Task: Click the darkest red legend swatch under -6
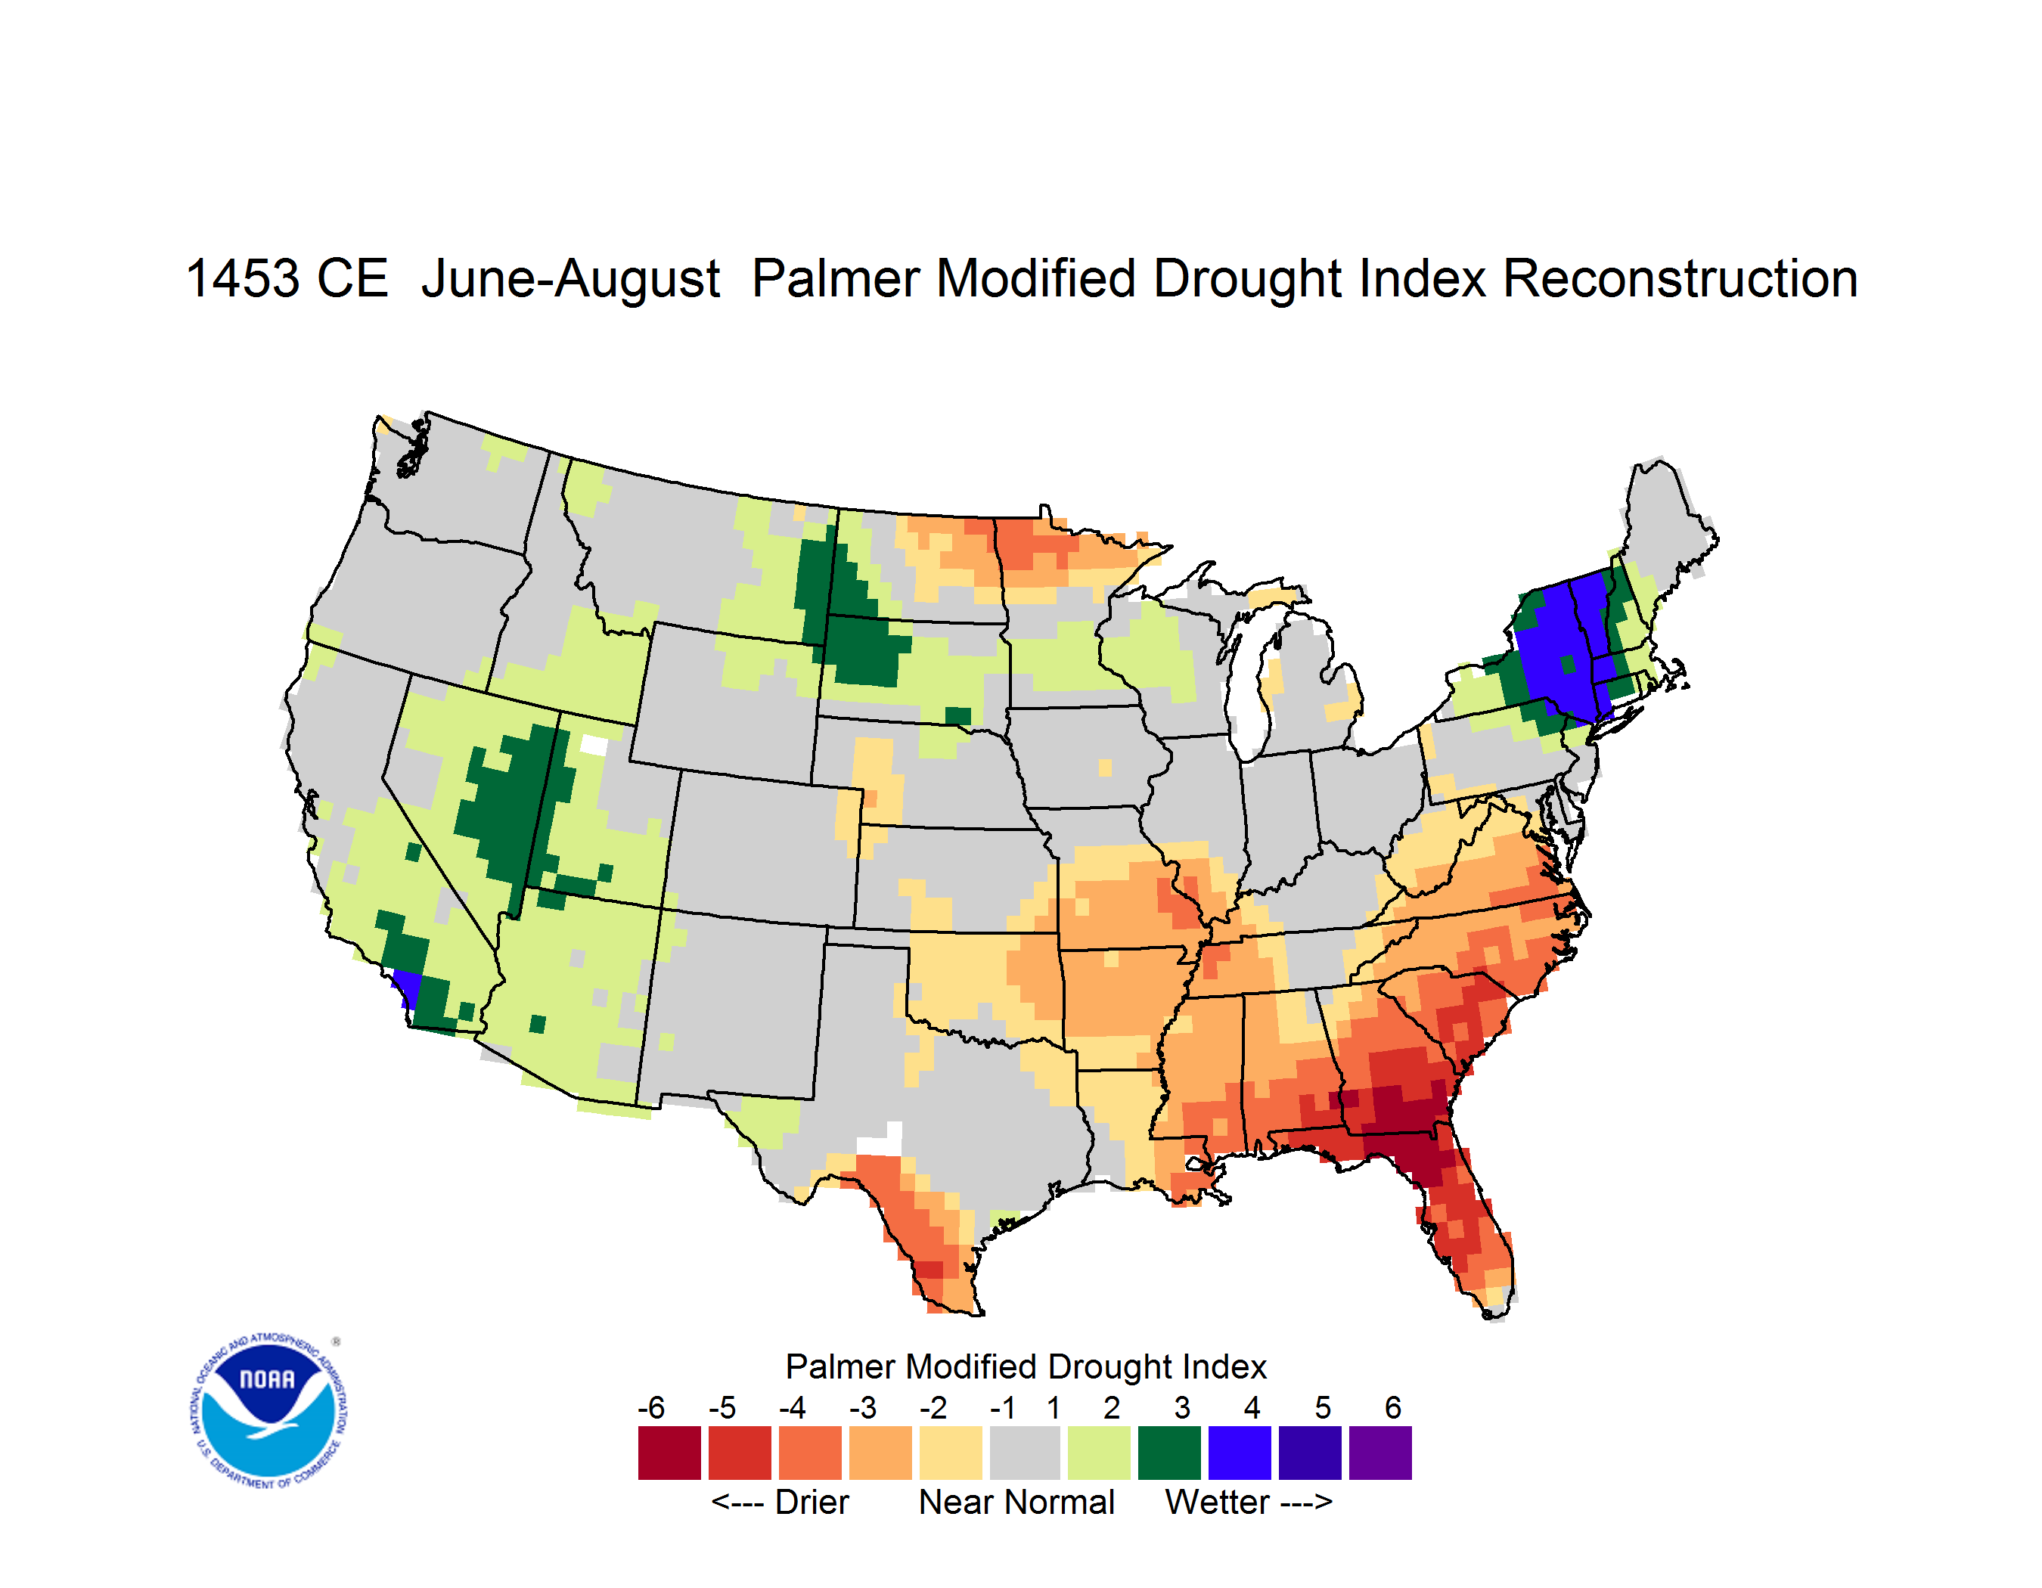click(669, 1453)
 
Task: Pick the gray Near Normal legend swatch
click(1025, 1453)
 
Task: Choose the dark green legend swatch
click(1168, 1453)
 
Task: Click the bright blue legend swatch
click(1240, 1453)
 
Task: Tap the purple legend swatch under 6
click(1380, 1453)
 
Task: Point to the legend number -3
click(863, 1407)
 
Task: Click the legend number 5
click(1323, 1407)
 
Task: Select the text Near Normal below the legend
click(1017, 1502)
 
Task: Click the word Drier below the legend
click(812, 1502)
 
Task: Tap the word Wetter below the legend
click(1218, 1502)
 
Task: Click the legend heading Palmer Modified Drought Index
click(1026, 1366)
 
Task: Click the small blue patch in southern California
click(407, 987)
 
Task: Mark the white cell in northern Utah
click(594, 745)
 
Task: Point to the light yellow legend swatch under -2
click(951, 1453)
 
